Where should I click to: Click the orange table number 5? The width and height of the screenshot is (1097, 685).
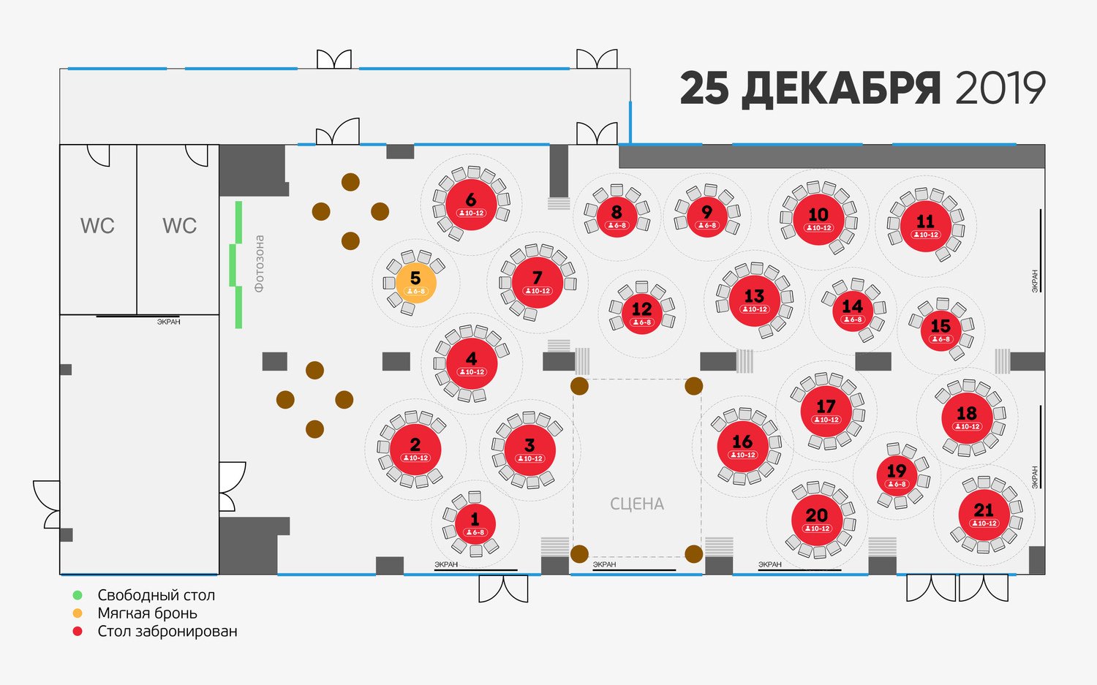[416, 283]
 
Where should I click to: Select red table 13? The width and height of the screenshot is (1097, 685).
[754, 300]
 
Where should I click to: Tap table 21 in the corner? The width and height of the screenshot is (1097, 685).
[984, 515]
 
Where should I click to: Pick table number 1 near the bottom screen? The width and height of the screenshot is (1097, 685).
[475, 524]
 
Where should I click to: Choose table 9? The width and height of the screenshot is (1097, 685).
[706, 217]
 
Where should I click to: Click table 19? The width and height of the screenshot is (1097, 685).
[897, 475]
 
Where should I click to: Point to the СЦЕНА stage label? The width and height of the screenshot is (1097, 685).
[637, 504]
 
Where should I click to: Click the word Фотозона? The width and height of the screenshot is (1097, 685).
[259, 263]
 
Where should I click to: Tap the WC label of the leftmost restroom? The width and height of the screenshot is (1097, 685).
[97, 226]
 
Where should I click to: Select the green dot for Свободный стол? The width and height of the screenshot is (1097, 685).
[78, 595]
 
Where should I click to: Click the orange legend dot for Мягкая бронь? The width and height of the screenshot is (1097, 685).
[78, 613]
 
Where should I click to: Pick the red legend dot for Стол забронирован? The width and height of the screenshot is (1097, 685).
[78, 632]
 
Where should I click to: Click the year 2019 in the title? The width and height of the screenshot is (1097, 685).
[1000, 88]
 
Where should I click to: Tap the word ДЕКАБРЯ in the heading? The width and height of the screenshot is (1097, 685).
[841, 90]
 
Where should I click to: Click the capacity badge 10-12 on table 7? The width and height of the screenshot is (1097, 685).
[538, 291]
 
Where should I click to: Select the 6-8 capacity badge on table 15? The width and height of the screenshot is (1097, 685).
[940, 338]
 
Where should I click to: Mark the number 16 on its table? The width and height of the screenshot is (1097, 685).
[742, 442]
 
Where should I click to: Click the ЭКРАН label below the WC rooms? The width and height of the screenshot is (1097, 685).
[168, 322]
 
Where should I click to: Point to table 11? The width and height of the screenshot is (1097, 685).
[926, 226]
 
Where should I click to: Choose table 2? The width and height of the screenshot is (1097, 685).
[415, 450]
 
